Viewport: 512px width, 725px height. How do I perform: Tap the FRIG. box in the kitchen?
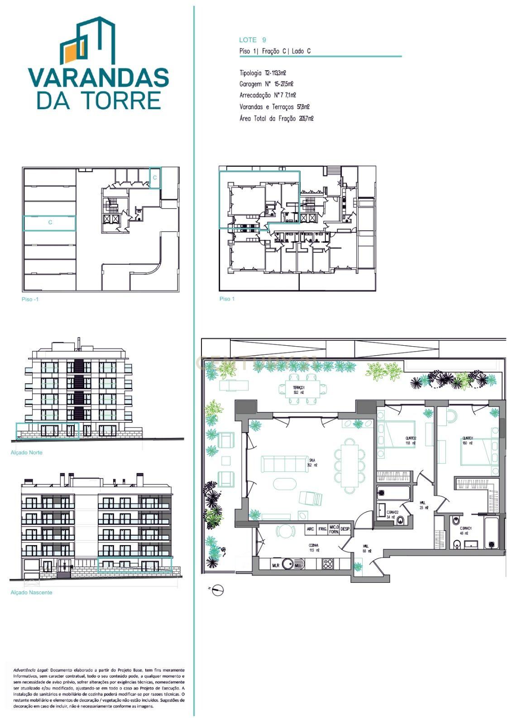pyautogui.click(x=323, y=529)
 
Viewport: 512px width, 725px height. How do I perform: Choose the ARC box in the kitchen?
pyautogui.click(x=311, y=529)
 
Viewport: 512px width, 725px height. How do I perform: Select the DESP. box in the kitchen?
pyautogui.click(x=346, y=529)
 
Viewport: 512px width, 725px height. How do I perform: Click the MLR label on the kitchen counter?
pyautogui.click(x=276, y=565)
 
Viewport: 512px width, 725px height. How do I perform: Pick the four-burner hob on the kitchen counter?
pyautogui.click(x=327, y=564)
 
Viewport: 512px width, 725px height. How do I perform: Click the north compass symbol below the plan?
pyautogui.click(x=218, y=590)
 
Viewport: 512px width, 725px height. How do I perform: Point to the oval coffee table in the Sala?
pyautogui.click(x=285, y=483)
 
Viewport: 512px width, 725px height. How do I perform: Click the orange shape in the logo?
pyautogui.click(x=71, y=53)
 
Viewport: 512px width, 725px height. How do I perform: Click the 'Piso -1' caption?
pyautogui.click(x=30, y=300)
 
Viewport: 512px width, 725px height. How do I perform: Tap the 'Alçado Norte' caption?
pyautogui.click(x=26, y=453)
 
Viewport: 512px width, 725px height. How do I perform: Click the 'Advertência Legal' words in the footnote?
pyautogui.click(x=31, y=670)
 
